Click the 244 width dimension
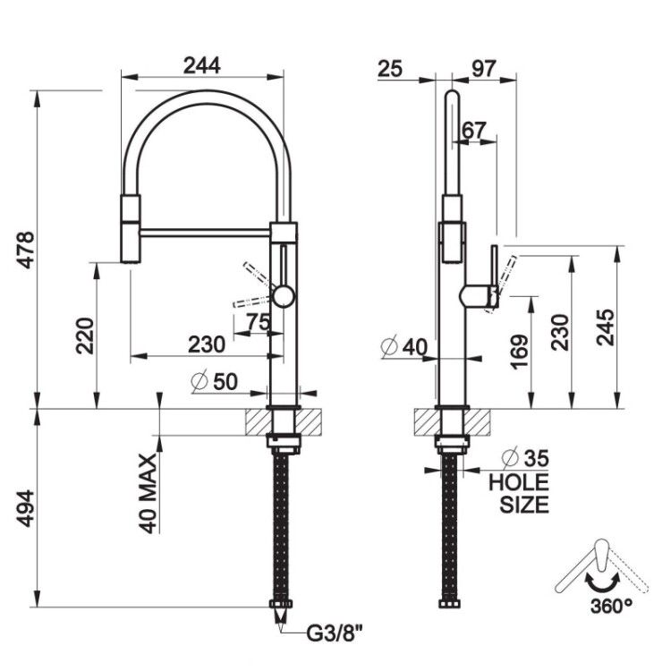click(201, 65)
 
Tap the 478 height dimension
click(26, 250)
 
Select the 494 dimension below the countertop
click(26, 508)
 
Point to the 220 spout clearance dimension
click(85, 335)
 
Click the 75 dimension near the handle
click(258, 322)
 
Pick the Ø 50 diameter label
click(215, 381)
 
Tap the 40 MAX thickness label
click(149, 494)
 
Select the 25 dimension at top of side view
click(390, 69)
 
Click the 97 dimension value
click(483, 69)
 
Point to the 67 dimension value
click(474, 131)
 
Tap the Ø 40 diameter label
click(404, 346)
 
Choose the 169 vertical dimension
click(519, 352)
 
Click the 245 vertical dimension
click(605, 327)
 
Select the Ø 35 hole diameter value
click(525, 458)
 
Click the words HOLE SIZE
click(519, 493)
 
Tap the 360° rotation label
click(611, 606)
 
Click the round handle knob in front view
click(284, 296)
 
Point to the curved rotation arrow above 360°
click(602, 584)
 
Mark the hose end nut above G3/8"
click(281, 604)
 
